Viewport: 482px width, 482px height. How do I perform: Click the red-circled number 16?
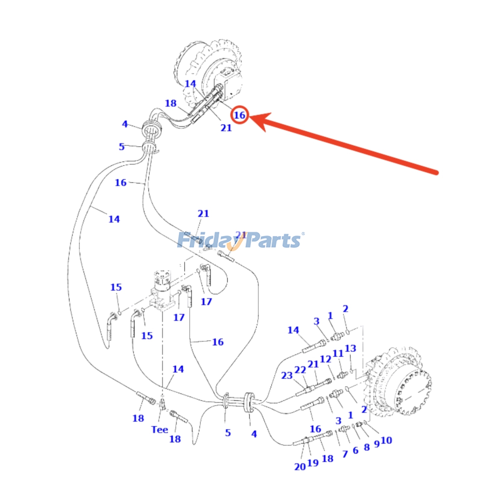click(x=239, y=115)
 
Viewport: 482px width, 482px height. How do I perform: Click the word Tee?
click(x=160, y=430)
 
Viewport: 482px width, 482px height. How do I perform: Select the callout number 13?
click(x=350, y=349)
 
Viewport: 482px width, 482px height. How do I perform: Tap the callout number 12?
click(x=325, y=359)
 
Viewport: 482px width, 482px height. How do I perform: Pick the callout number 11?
click(x=338, y=353)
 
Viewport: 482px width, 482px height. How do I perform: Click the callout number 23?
click(x=287, y=376)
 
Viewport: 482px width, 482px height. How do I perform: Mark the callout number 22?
click(x=300, y=370)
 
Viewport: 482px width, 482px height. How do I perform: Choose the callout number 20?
click(x=300, y=467)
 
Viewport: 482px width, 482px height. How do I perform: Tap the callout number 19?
click(x=313, y=463)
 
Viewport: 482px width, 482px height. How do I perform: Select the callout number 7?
click(x=345, y=454)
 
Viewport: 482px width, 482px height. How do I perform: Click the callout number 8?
click(x=367, y=447)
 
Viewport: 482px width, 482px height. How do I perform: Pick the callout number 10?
click(x=386, y=440)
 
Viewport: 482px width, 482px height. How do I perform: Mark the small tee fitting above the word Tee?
click(x=163, y=404)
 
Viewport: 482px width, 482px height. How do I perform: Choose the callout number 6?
click(x=355, y=451)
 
